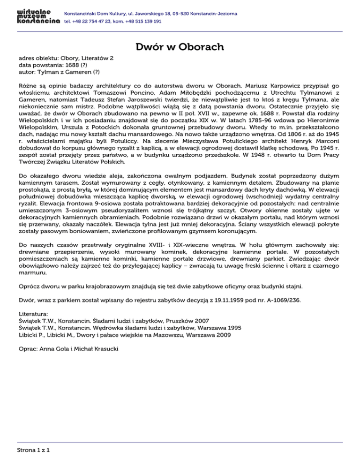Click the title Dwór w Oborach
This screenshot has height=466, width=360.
pyautogui.click(x=180, y=47)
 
